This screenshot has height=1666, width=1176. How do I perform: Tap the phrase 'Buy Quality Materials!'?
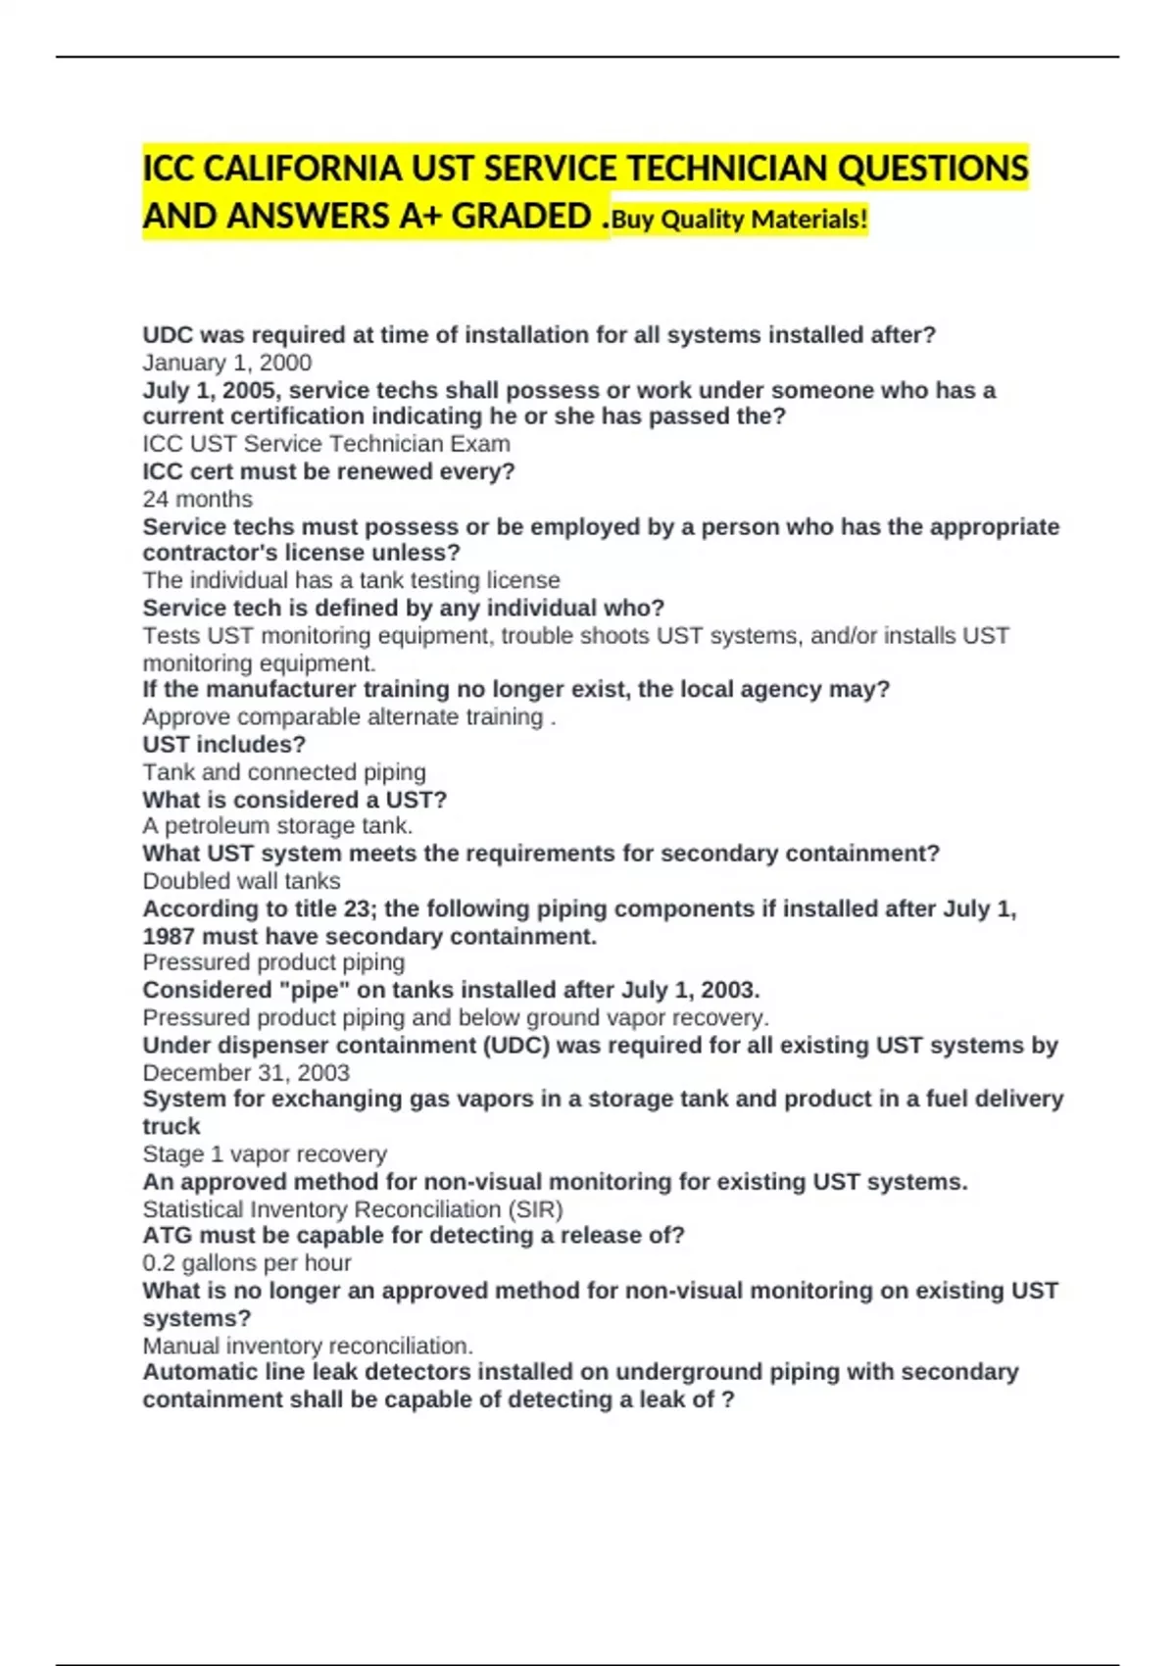tap(740, 220)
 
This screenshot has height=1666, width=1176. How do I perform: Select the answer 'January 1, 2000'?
tap(227, 363)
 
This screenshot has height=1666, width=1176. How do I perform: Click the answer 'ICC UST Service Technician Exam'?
tap(326, 444)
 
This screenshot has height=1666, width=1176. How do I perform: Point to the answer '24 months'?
tap(198, 499)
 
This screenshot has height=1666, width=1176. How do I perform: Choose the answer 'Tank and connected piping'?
tap(284, 772)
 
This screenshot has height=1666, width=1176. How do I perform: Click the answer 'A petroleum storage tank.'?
tap(277, 826)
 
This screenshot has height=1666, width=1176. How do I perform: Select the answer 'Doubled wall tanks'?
tap(242, 881)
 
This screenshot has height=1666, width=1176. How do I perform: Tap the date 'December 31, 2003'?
tap(246, 1072)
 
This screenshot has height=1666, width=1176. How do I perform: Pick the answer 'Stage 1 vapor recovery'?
tap(265, 1153)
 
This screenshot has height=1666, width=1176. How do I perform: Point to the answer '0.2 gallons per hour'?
tap(247, 1263)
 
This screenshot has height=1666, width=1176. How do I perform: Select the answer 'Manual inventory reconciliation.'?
tap(308, 1346)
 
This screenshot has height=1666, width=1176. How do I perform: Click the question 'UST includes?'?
tap(224, 745)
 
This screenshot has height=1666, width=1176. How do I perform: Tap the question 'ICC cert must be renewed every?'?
tap(329, 471)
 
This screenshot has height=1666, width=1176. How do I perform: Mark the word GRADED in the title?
tap(521, 217)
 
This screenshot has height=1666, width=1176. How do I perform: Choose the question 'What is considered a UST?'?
tap(295, 800)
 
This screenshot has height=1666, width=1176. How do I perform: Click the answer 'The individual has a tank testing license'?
tap(352, 580)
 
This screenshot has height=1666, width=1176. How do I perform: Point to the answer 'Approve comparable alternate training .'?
tap(349, 717)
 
